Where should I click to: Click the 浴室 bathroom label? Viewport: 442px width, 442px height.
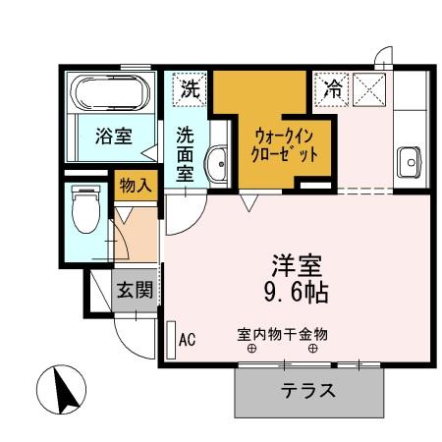click(113, 136)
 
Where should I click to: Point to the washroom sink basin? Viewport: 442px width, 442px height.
click(218, 162)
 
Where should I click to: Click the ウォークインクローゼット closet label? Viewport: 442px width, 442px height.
click(286, 143)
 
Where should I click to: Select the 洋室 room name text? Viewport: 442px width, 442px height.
click(299, 265)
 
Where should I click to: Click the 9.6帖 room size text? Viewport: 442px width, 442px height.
click(299, 292)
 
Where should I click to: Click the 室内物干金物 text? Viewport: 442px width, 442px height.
click(282, 334)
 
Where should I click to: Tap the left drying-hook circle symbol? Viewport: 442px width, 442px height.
click(252, 349)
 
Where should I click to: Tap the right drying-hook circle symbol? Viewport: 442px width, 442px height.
click(313, 349)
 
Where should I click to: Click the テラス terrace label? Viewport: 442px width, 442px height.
click(307, 390)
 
